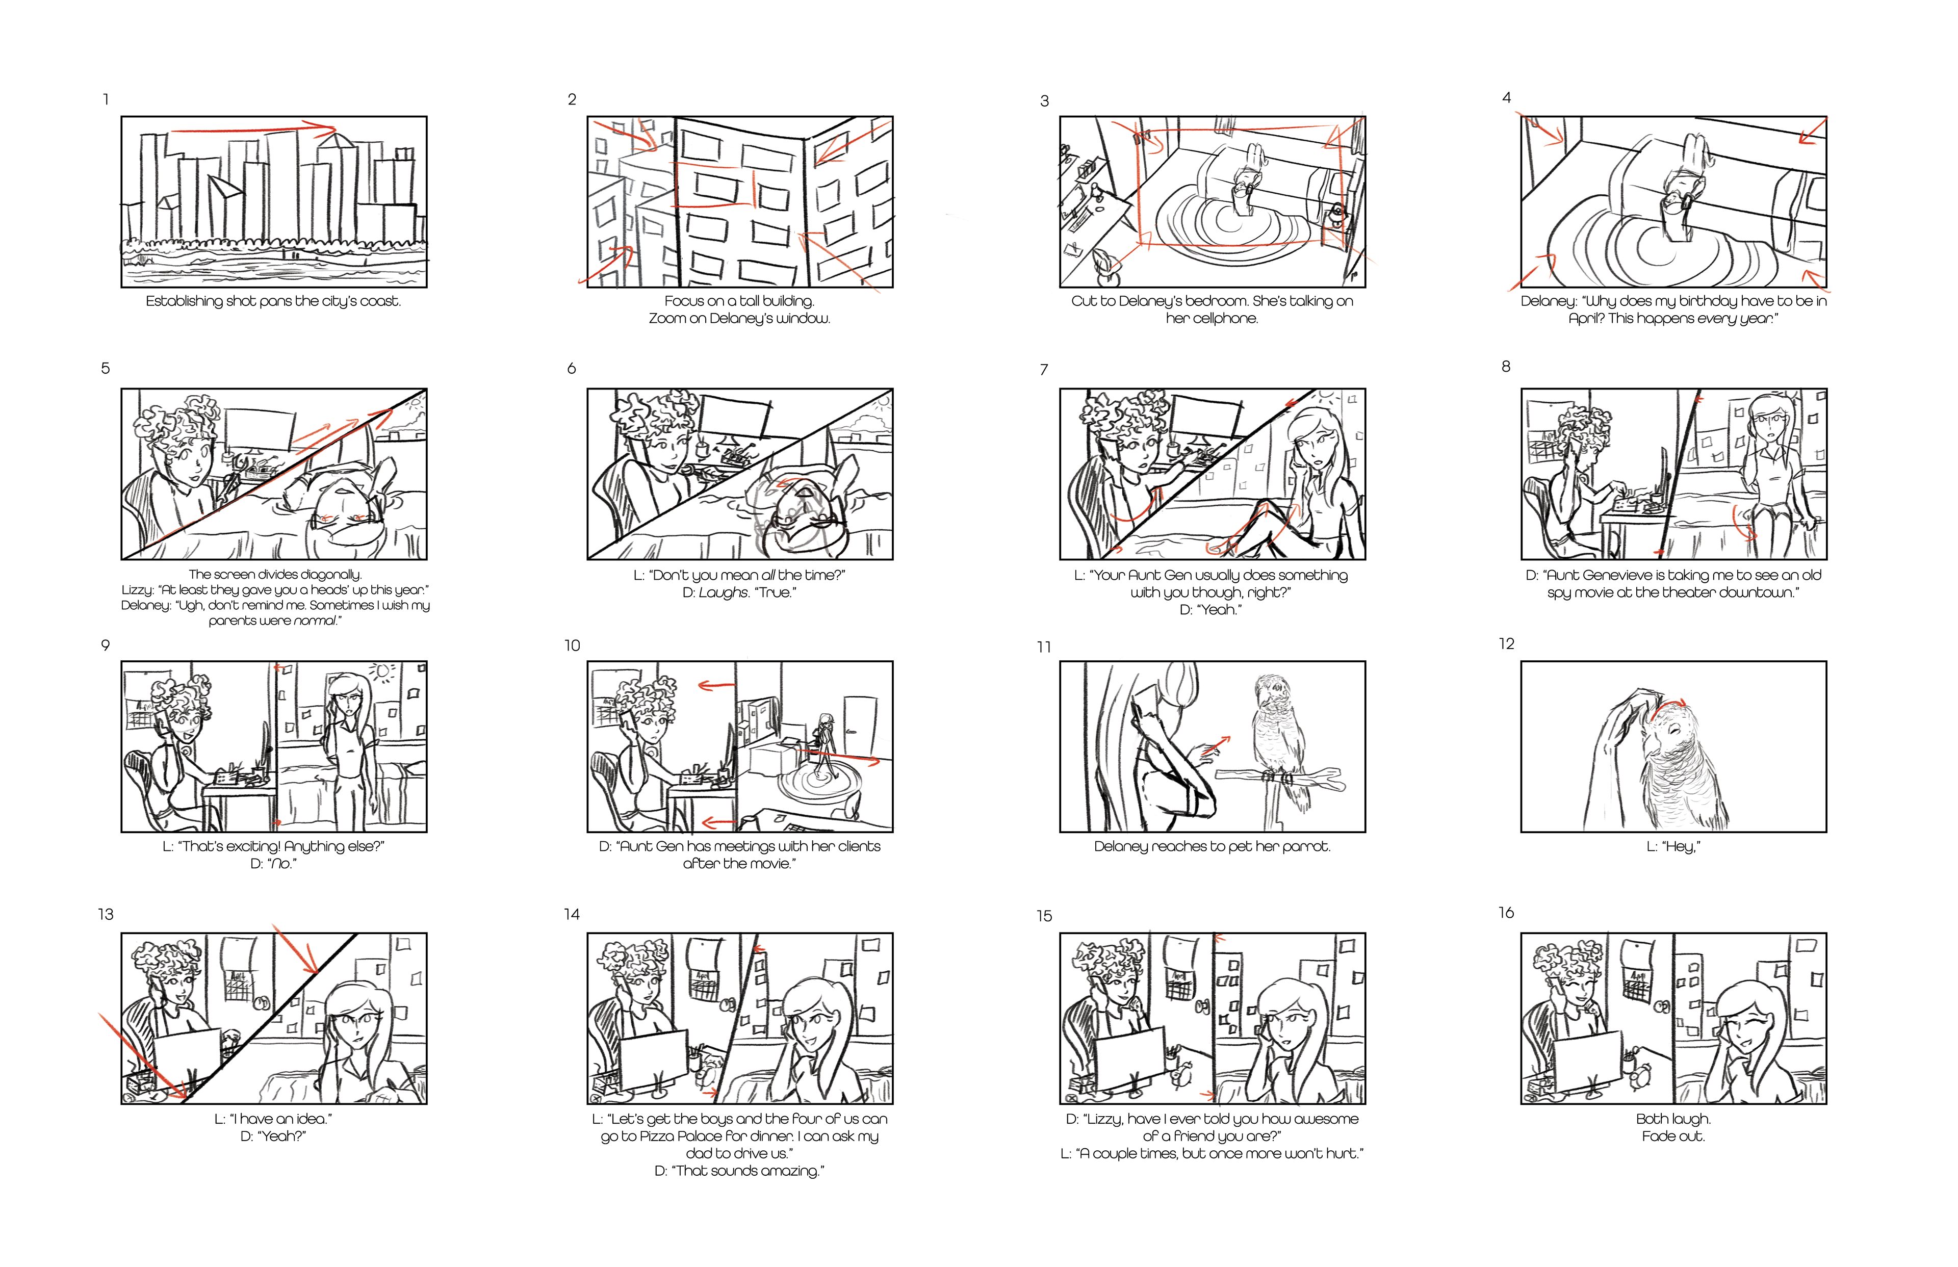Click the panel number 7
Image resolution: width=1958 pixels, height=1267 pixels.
[1044, 370]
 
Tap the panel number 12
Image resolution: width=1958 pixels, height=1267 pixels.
[1506, 643]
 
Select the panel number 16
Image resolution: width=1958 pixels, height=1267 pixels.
[1506, 913]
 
